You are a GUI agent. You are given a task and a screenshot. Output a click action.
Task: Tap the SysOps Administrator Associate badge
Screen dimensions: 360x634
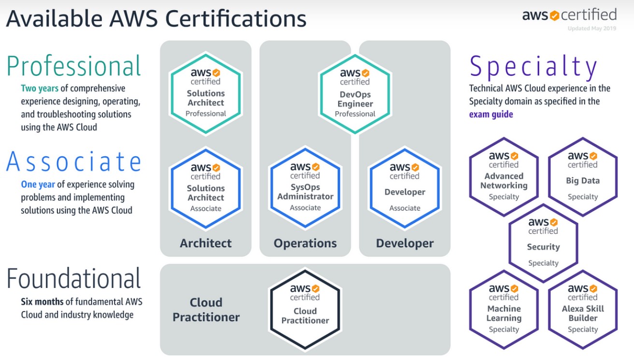[305, 188]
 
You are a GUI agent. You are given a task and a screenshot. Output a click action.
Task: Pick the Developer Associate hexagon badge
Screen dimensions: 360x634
[404, 188]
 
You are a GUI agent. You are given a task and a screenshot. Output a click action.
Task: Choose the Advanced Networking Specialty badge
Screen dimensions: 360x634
[504, 176]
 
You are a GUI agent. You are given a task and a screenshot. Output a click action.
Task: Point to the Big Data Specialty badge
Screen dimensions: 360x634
[582, 176]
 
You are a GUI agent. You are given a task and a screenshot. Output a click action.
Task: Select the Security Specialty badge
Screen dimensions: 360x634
[543, 243]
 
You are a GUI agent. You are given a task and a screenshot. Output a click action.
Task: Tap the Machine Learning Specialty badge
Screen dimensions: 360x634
[504, 309]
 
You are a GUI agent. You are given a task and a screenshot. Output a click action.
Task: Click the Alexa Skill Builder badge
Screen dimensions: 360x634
[582, 309]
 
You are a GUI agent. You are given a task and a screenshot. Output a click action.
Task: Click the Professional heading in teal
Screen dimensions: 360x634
[74, 66]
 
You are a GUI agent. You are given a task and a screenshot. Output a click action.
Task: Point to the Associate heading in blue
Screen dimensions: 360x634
[74, 162]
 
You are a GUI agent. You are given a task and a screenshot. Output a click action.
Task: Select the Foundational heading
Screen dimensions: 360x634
[74, 279]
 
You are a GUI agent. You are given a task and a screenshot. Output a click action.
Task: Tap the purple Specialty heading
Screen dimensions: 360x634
[533, 67]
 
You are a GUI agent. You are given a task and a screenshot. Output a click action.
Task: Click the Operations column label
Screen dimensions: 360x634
[305, 243]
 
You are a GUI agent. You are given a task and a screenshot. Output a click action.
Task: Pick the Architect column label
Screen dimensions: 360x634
[206, 243]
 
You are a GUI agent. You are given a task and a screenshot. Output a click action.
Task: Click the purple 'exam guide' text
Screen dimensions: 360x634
[491, 115]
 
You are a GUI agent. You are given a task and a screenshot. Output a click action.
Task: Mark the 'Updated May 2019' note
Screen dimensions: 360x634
[592, 29]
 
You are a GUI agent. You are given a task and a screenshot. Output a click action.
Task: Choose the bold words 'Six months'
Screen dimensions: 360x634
[42, 302]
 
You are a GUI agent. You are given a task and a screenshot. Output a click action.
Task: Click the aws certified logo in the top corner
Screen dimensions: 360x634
[569, 14]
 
